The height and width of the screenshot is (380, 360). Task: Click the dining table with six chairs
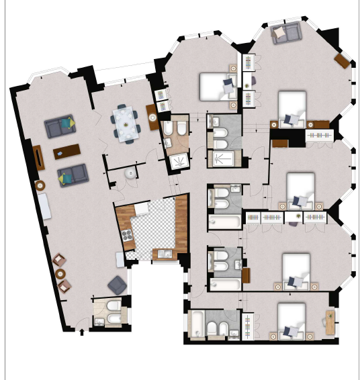click(126, 123)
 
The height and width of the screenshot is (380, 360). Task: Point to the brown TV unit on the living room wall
click(38, 158)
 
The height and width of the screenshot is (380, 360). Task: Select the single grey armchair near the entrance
click(117, 285)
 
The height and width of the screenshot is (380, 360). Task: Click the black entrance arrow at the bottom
click(83, 331)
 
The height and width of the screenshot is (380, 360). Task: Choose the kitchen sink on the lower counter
click(163, 252)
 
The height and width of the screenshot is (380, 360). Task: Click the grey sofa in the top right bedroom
click(286, 33)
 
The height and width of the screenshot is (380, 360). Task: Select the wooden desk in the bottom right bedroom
click(330, 322)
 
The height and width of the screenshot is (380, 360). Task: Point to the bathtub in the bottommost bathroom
click(197, 324)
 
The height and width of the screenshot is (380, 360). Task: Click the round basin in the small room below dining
click(129, 173)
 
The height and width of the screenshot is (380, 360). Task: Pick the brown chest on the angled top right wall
click(343, 61)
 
